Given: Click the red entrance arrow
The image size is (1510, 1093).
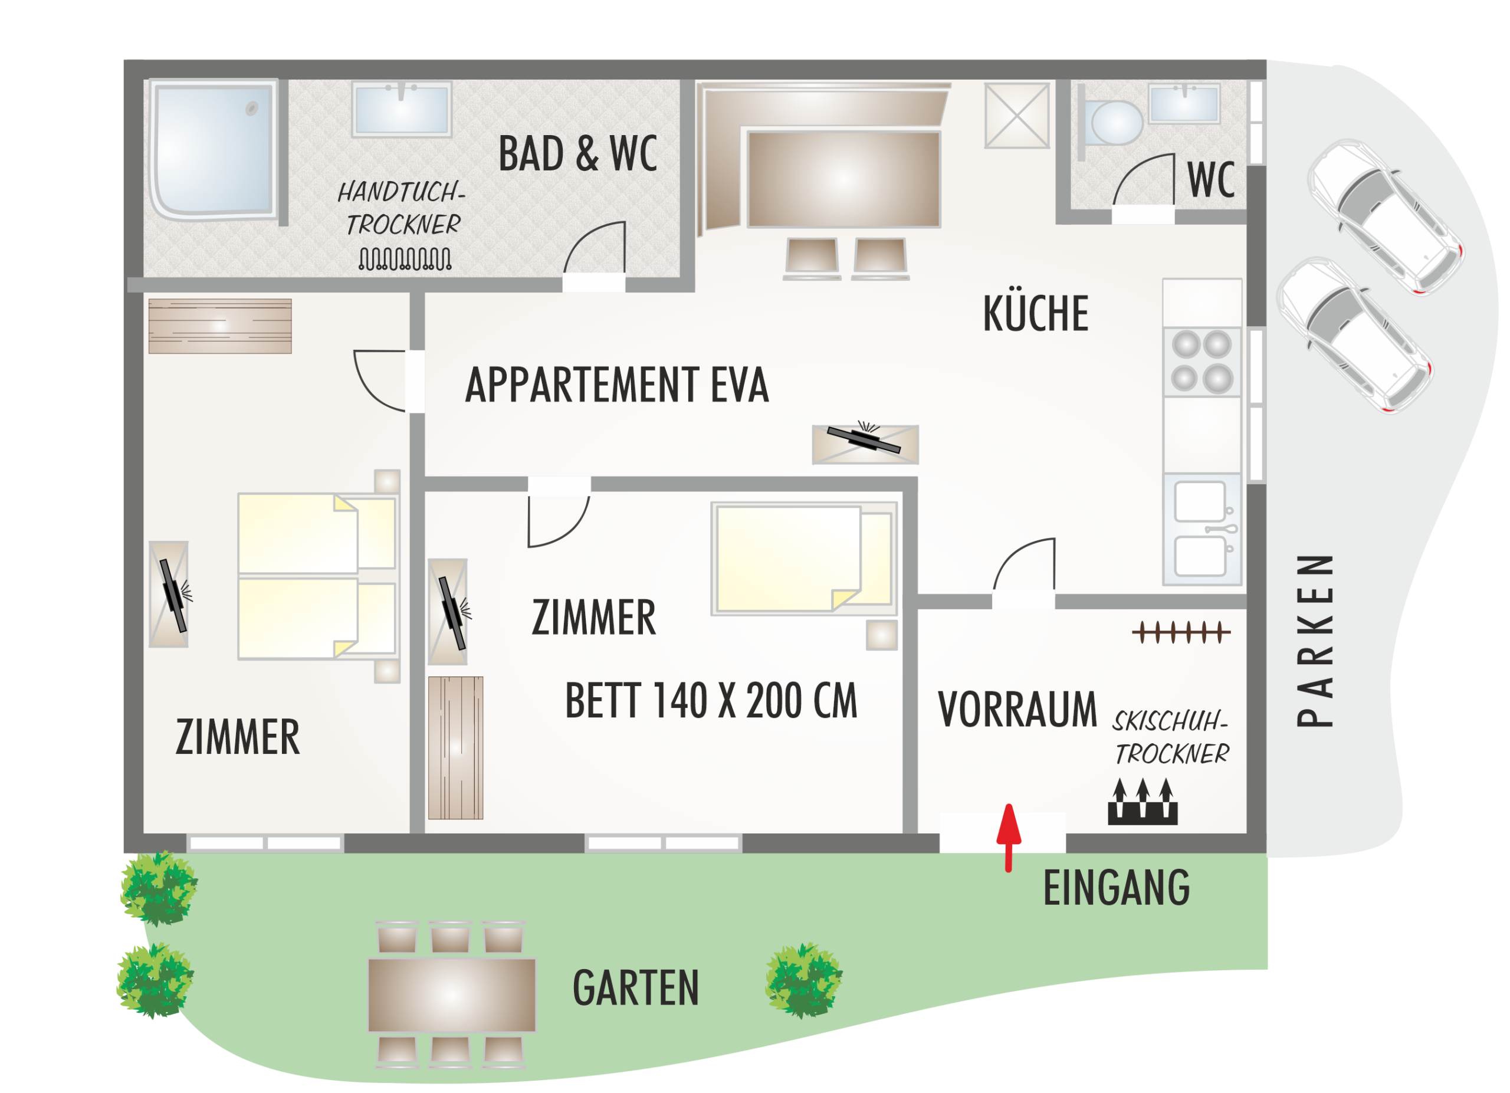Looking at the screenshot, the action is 1009,838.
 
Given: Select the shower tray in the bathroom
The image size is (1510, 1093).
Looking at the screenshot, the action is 213,150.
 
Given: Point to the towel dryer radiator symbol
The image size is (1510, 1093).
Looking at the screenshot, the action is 405,259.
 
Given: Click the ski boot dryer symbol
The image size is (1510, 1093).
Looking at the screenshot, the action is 1143,802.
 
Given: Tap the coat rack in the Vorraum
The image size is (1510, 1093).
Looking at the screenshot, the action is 1181,632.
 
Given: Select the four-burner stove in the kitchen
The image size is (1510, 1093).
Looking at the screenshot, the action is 1202,362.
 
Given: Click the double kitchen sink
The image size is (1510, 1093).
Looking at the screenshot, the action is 1202,529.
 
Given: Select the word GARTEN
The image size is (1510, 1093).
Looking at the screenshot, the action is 636,988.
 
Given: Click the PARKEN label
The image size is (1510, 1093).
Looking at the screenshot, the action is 1315,641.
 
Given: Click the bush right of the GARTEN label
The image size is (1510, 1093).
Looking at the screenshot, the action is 803,980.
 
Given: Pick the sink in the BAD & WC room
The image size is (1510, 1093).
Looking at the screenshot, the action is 402,109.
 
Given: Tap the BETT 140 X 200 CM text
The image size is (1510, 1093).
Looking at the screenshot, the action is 711,701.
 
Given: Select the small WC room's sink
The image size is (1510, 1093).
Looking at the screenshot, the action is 1184,103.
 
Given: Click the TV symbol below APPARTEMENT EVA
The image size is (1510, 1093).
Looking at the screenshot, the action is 865,444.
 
